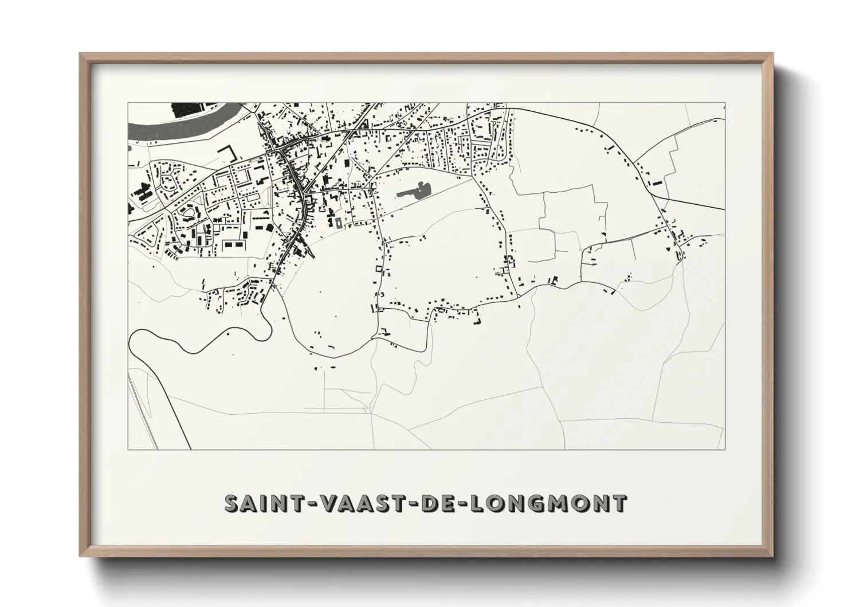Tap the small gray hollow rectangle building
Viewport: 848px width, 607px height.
pos(338,222)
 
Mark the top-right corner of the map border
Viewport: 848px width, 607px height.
pos(726,102)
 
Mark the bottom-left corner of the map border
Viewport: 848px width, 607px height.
pos(127,449)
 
